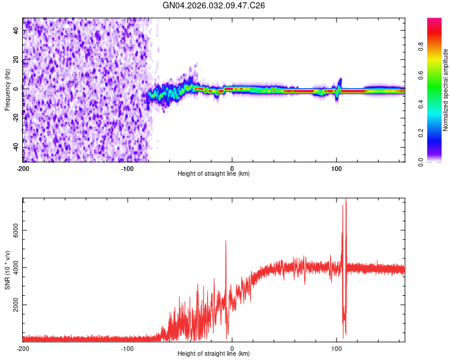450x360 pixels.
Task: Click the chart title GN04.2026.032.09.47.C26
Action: pos(214,5)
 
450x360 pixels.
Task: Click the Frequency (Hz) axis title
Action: pos(7,90)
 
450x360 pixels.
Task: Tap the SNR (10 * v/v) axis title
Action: pos(7,270)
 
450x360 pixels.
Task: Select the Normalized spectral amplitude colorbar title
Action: pos(446,90)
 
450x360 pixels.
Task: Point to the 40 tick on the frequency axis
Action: pos(16,31)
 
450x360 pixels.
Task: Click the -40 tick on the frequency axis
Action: pos(15,148)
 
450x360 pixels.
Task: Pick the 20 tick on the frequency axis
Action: pos(16,61)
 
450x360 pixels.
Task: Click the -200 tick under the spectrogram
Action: pos(23,169)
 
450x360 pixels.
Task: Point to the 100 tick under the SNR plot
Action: pos(337,349)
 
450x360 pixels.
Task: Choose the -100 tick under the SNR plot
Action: pos(127,349)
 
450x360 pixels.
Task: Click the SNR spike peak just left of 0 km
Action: pos(226,241)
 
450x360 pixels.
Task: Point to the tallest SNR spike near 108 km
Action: pos(346,200)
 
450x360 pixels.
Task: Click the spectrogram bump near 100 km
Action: pos(340,82)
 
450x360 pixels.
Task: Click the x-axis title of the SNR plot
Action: pos(214,354)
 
